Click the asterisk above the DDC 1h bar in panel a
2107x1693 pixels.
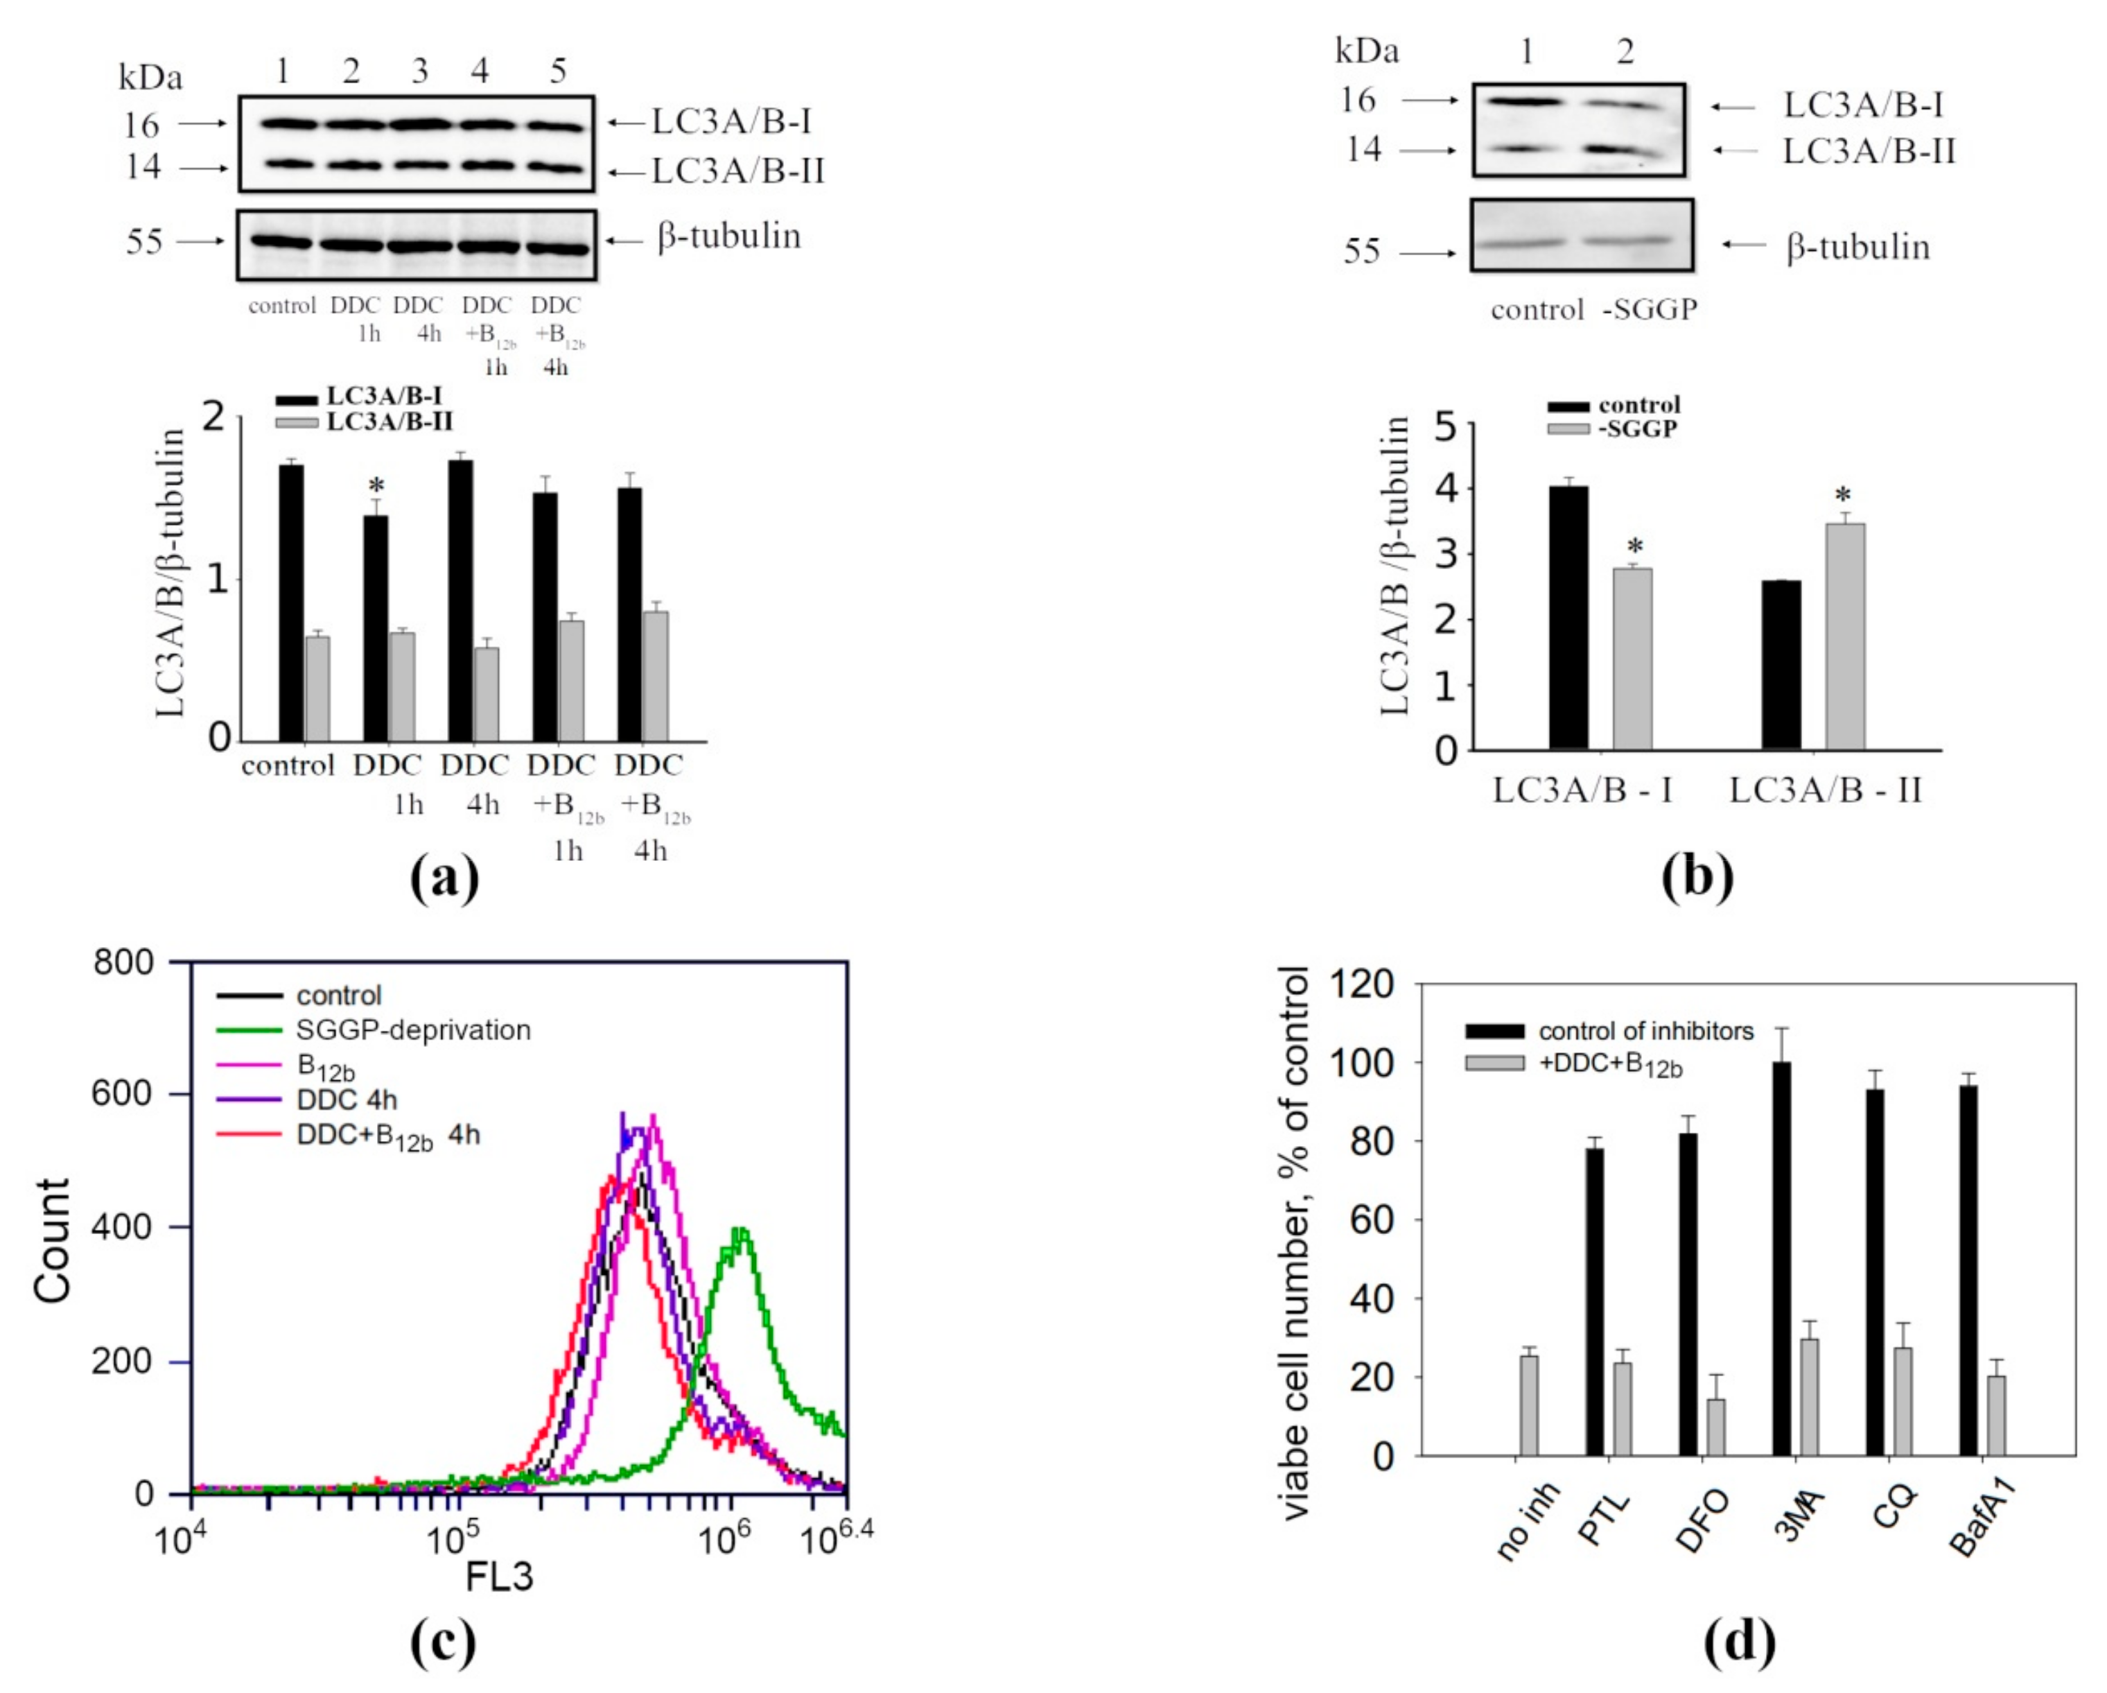[375, 487]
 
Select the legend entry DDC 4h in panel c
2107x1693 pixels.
[346, 1100]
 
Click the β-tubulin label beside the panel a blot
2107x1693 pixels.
[729, 236]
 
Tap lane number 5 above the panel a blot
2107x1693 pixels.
[558, 71]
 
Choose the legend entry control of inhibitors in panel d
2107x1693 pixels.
[1645, 1031]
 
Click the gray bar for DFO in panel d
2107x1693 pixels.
[1716, 1427]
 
